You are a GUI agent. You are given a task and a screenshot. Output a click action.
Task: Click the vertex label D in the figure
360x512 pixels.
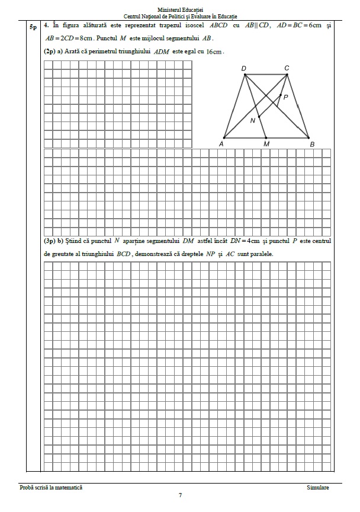click(x=243, y=68)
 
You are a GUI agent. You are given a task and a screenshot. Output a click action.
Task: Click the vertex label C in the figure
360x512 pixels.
click(x=287, y=68)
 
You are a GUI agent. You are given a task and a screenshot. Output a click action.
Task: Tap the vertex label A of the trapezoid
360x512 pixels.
click(x=221, y=144)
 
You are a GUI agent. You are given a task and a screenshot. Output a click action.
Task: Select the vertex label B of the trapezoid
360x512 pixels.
click(x=312, y=144)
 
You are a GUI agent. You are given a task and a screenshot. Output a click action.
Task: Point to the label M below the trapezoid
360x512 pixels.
click(x=266, y=144)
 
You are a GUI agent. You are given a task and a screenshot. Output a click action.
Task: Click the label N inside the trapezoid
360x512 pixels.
click(x=253, y=121)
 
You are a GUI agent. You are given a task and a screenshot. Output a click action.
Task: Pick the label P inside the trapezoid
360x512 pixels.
click(x=285, y=97)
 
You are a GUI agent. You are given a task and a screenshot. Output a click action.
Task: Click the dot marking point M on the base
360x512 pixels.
click(x=265, y=138)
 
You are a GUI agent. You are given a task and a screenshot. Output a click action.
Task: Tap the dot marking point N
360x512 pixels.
click(x=259, y=117)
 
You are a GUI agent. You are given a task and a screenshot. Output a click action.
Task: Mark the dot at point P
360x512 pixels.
click(x=280, y=94)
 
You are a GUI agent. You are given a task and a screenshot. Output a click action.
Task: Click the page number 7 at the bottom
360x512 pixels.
click(x=180, y=495)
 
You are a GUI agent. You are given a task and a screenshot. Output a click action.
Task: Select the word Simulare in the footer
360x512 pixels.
click(x=318, y=488)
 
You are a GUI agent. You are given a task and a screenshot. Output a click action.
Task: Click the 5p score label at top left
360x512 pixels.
click(x=33, y=27)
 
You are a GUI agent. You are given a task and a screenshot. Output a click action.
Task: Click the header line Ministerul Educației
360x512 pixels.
click(x=181, y=9)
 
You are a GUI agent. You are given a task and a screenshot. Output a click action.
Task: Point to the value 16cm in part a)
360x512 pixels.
click(x=214, y=52)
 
